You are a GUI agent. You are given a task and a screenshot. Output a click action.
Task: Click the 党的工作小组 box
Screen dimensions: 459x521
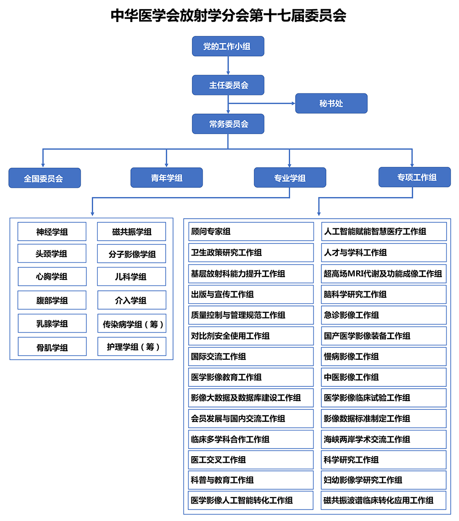coord(228,46)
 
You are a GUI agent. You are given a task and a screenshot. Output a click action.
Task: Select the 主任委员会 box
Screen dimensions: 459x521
coord(228,85)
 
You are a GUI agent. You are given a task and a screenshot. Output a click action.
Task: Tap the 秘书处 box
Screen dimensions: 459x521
coord(331,103)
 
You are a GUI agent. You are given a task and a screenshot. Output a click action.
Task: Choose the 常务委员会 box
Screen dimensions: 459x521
coord(228,124)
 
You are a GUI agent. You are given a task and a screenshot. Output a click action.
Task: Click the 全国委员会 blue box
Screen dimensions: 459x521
coord(45,178)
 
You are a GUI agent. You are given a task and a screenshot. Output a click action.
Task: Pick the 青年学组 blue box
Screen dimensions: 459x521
coord(167,177)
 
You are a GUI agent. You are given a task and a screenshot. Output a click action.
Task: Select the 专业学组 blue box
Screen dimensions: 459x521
coord(290,177)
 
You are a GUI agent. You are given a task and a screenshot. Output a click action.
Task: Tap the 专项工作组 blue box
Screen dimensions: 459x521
coord(414,177)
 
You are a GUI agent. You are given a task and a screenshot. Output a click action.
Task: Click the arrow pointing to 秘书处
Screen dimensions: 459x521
coord(262,103)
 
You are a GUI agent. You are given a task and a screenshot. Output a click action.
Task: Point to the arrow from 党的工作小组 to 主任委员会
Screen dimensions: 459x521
coord(228,65)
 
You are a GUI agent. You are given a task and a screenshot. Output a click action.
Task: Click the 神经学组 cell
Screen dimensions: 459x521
coord(52,232)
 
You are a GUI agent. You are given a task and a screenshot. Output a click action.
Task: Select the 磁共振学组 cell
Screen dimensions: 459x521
coord(131,232)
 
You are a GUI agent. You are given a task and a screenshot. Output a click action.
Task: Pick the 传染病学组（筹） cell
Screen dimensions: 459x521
coord(132,323)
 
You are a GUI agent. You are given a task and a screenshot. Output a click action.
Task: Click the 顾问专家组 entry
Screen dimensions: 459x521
coord(251,232)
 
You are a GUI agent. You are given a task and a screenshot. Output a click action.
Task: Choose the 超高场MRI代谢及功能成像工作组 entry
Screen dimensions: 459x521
coord(384,273)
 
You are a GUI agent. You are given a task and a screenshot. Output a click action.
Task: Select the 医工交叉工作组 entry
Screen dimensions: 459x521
coord(251,460)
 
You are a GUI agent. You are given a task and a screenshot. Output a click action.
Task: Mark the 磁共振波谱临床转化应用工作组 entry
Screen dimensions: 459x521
coord(384,500)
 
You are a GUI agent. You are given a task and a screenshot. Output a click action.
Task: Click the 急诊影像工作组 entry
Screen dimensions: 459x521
coord(384,315)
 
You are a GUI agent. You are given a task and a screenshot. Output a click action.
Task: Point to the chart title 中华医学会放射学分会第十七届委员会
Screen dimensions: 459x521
coord(228,15)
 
